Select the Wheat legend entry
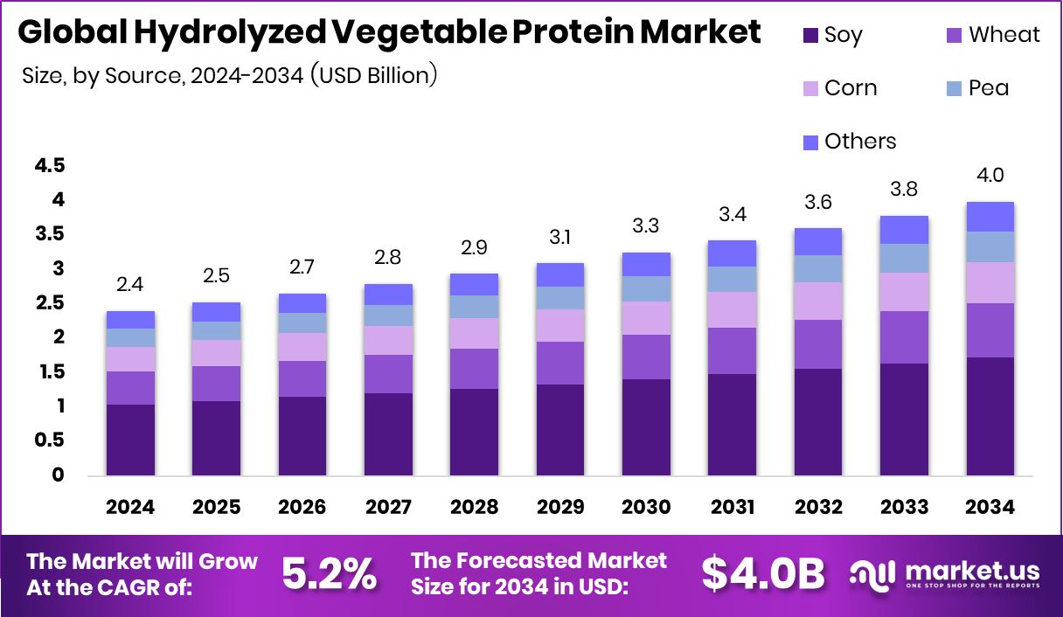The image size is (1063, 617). (992, 35)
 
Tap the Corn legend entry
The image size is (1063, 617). (838, 88)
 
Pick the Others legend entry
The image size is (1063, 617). (849, 142)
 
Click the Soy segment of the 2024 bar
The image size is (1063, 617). (131, 440)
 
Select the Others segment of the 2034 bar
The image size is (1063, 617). (990, 217)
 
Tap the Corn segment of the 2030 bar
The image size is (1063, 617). (646, 318)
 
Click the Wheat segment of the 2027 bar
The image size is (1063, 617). (389, 374)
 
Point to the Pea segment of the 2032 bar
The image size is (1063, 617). (817, 268)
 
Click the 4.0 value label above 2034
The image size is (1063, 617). (990, 176)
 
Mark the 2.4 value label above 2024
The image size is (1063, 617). (131, 285)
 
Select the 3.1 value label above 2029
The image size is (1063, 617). (560, 237)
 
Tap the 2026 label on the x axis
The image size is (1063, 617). (302, 508)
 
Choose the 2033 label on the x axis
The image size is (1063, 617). (904, 508)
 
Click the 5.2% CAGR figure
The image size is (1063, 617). (329, 574)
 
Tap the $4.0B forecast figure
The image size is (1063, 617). (763, 574)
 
